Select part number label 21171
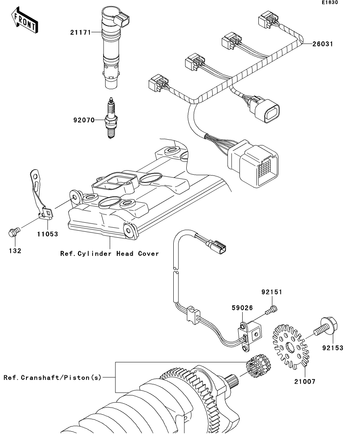[x=81, y=32]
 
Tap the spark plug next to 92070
[x=111, y=118]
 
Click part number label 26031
[x=323, y=44]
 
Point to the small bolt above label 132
[x=13, y=232]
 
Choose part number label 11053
[x=48, y=234]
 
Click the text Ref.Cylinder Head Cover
[x=110, y=253]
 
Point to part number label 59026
[x=242, y=308]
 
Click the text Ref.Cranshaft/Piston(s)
[x=53, y=377]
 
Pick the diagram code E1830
[x=330, y=2]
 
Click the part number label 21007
[x=305, y=382]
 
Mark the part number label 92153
[x=332, y=348]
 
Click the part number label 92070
[x=84, y=120]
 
